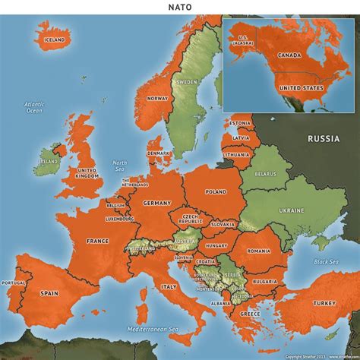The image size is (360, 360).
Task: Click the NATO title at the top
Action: [x=180, y=7]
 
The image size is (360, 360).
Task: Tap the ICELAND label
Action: [x=55, y=39]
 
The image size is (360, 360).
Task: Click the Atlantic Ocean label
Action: [x=34, y=107]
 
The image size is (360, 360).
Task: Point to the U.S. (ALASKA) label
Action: [x=244, y=41]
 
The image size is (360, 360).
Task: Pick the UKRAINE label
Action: [x=291, y=210]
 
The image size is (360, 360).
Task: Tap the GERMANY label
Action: [x=157, y=204]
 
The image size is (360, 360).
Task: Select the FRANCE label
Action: [x=97, y=241]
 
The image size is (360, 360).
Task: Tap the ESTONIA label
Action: [x=240, y=123]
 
